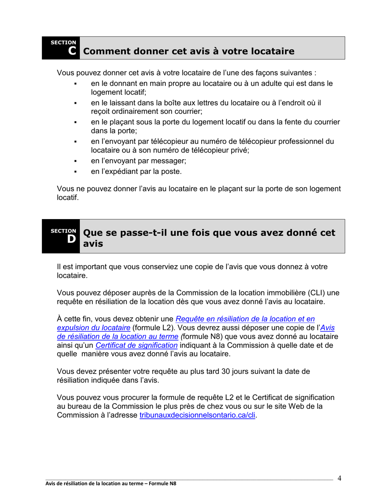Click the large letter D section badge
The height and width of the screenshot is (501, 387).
click(x=71, y=239)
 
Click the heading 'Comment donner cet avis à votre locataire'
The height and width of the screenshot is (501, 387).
click(x=189, y=52)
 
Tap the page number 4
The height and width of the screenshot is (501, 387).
click(x=339, y=478)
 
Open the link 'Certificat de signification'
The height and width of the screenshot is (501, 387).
click(x=136, y=345)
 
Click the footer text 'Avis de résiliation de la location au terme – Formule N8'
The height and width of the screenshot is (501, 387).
click(x=111, y=484)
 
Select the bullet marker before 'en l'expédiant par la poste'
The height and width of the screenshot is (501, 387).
click(x=76, y=172)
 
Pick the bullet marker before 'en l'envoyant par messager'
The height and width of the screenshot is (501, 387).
click(x=76, y=161)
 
